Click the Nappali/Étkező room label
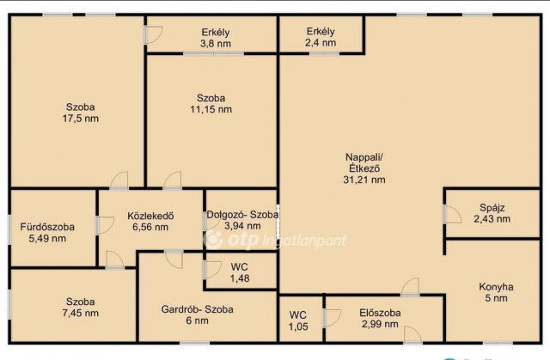(364, 162)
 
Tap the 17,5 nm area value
(81, 119)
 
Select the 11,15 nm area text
(211, 109)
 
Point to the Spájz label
(492, 208)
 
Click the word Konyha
(496, 287)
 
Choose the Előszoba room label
(380, 313)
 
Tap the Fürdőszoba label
(47, 227)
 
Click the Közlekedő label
(150, 216)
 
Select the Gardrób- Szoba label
(197, 309)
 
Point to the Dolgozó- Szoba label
(242, 215)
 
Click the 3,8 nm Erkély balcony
(212, 34)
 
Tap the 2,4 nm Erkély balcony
(321, 34)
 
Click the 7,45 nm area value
(81, 313)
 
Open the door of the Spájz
(452, 214)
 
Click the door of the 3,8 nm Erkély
(153, 34)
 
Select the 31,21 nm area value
(364, 180)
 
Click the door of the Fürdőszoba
(105, 225)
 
